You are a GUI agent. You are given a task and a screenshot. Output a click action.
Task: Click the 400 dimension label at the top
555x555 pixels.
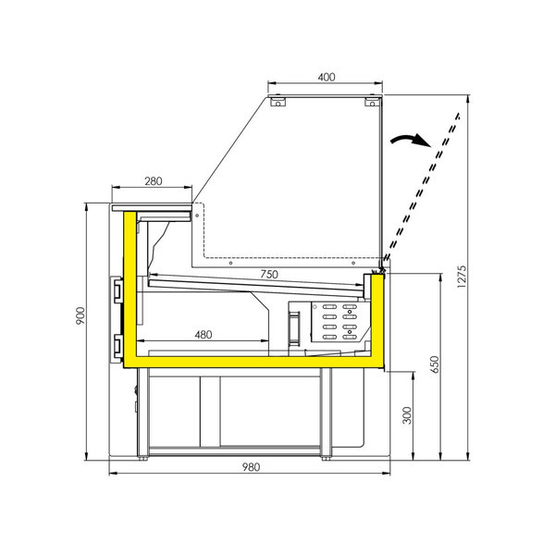(326, 77)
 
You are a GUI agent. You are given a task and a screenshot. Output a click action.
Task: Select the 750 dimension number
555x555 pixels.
(268, 274)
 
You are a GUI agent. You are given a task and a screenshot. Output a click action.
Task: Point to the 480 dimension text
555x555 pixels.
(206, 334)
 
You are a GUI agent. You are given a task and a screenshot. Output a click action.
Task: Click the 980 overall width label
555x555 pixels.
(250, 466)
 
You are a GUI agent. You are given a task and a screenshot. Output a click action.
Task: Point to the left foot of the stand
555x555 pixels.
(143, 454)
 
